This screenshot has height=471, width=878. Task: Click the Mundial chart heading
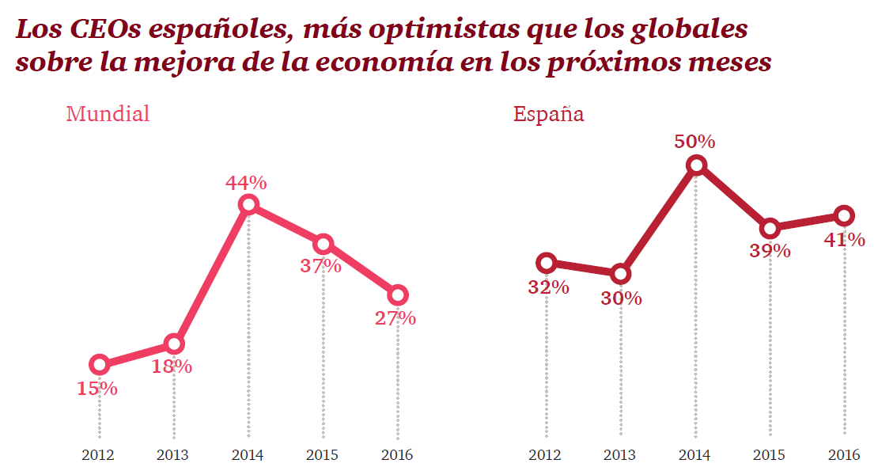click(108, 114)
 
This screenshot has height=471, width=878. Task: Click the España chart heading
click(548, 114)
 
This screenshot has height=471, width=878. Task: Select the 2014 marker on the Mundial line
click(248, 204)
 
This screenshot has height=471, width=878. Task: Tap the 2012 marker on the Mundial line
click(100, 364)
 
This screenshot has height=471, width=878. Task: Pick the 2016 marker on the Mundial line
click(398, 295)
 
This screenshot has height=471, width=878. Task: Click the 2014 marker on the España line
click(696, 165)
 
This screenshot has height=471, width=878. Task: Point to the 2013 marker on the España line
click(621, 274)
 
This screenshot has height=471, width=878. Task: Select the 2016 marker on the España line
click(844, 215)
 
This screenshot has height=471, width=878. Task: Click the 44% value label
click(246, 183)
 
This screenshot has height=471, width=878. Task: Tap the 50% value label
click(694, 142)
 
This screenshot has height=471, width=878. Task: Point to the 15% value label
click(97, 389)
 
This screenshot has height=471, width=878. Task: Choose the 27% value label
click(395, 318)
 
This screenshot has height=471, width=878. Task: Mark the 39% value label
click(770, 251)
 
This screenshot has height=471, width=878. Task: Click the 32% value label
click(548, 287)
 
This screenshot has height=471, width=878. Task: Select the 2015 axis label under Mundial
click(323, 455)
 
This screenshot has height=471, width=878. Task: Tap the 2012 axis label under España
click(545, 455)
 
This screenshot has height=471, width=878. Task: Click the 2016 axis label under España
click(843, 455)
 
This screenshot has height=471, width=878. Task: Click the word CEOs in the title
click(101, 30)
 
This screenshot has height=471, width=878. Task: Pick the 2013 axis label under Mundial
click(172, 455)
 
